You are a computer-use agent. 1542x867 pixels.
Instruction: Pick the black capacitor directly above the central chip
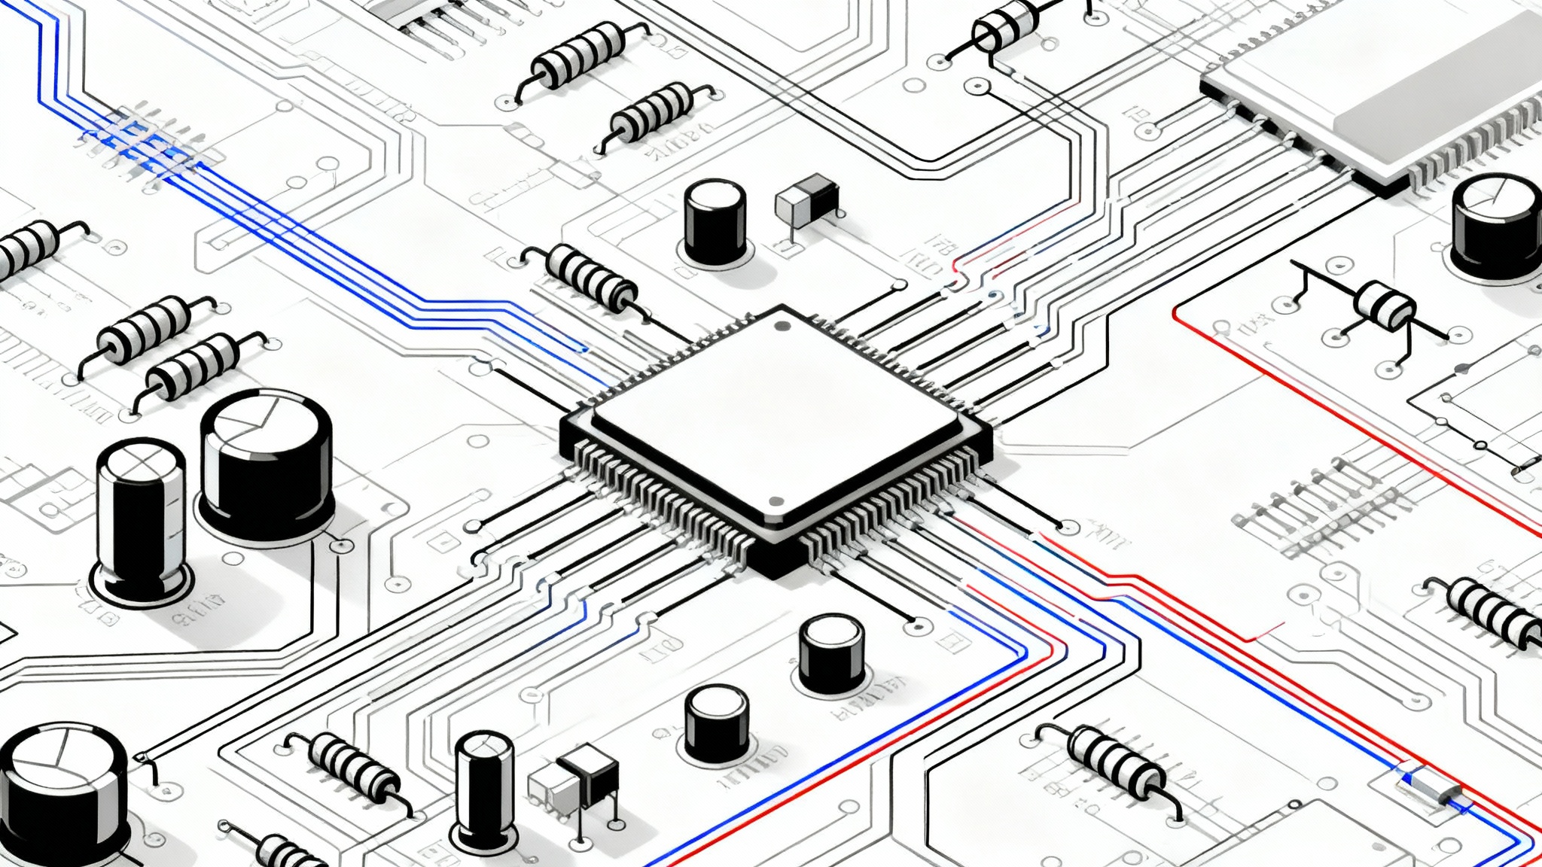715,221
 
